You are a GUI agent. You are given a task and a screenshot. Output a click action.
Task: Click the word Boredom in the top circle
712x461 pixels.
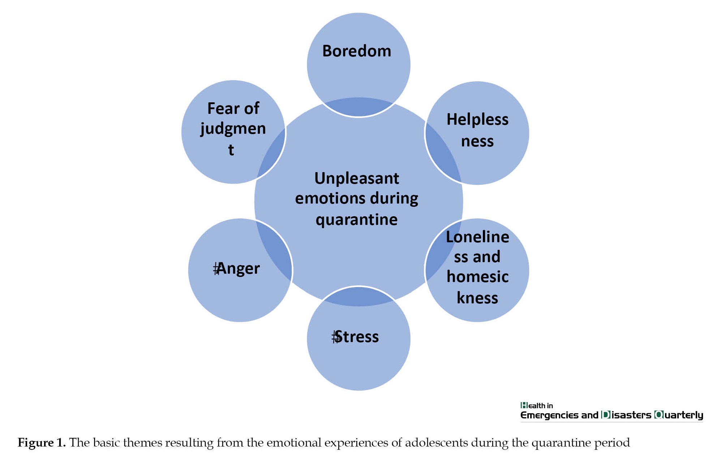tap(357, 51)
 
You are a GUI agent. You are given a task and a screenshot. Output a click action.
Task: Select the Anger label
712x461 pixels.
tap(237, 269)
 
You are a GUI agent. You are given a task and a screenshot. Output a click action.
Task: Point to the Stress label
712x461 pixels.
tap(356, 337)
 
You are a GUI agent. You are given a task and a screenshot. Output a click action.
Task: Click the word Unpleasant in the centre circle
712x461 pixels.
tap(357, 178)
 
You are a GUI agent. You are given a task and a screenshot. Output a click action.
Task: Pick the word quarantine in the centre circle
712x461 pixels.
tap(357, 220)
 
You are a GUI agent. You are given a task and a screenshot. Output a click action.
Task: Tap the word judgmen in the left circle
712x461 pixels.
tap(233, 129)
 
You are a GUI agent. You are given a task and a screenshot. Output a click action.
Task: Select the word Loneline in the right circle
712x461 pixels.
tap(477, 237)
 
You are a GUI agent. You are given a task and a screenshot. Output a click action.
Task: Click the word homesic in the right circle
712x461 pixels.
tap(477, 277)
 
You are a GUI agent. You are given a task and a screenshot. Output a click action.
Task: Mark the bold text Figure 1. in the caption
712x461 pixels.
tap(42, 443)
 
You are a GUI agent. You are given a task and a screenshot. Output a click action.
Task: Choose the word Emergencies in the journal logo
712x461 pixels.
tap(549, 415)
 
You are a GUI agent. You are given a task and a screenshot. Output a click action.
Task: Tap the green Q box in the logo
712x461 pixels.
tap(659, 415)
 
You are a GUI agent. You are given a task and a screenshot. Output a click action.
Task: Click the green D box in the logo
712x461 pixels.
tap(605, 415)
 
